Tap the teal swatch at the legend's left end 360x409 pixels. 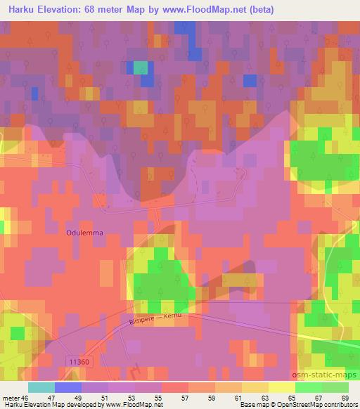click(x=41, y=387)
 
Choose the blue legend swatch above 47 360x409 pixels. click(x=67, y=387)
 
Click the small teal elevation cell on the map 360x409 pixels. click(x=142, y=67)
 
